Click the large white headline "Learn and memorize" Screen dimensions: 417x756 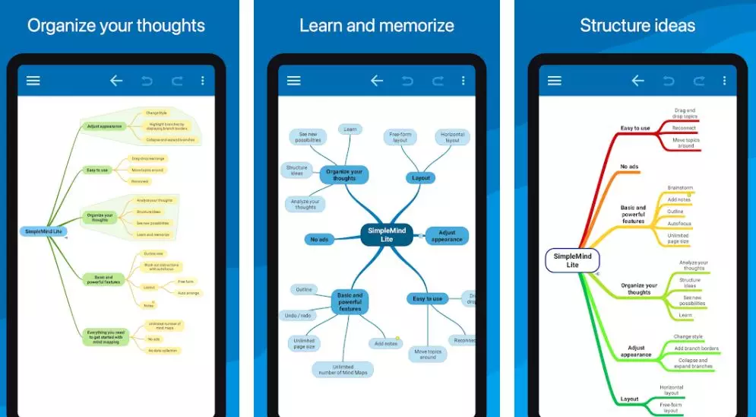click(377, 25)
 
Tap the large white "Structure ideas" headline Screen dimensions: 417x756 click(637, 25)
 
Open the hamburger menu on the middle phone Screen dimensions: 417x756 click(294, 81)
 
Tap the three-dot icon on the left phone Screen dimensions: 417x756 click(202, 81)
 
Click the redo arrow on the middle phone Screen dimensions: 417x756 click(438, 81)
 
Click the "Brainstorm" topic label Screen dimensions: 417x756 click(680, 187)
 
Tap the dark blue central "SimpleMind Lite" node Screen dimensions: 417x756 click(387, 235)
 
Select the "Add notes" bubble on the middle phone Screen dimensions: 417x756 click(384, 343)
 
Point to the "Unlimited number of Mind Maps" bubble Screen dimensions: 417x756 click(342, 370)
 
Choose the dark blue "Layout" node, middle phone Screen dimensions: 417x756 click(421, 178)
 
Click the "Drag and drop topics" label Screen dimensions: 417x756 click(685, 113)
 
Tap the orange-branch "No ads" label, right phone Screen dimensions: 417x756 click(629, 167)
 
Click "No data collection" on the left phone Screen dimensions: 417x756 click(163, 350)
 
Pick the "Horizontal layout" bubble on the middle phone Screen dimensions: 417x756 click(452, 137)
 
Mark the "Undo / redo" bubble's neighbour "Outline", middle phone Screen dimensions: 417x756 click(304, 289)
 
